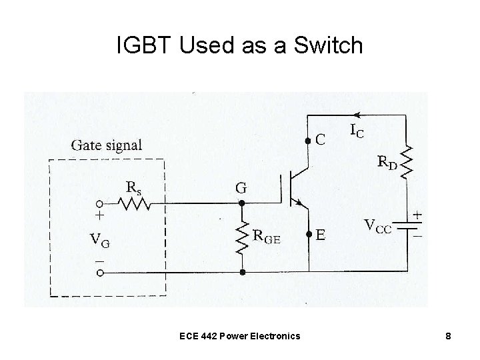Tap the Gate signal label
pos(106,145)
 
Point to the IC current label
pos(357,131)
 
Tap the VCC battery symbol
pos(407,227)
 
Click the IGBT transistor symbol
pos(297,189)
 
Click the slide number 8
pos(449,335)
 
